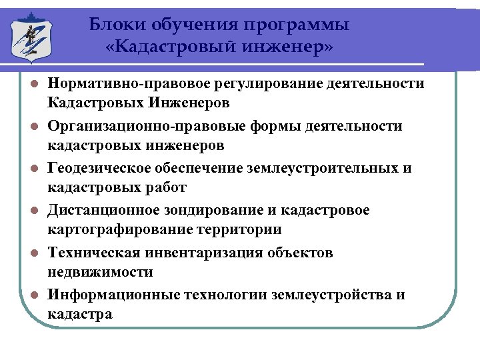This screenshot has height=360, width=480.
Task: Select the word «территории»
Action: click(240, 229)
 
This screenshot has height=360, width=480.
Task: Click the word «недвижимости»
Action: click(100, 272)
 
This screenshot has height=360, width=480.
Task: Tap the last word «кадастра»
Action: click(80, 314)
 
